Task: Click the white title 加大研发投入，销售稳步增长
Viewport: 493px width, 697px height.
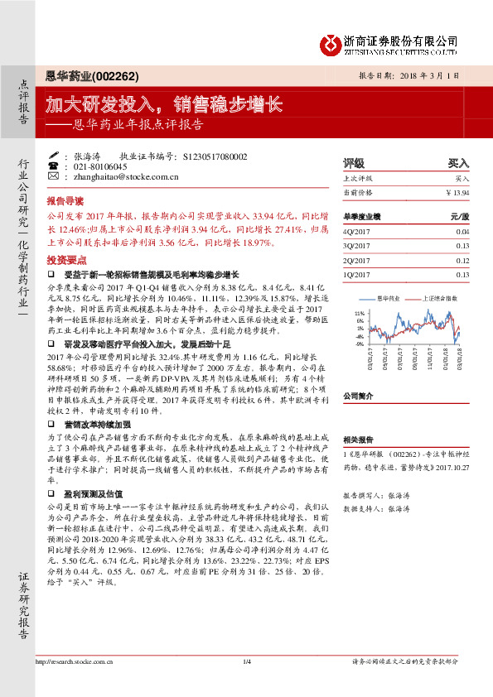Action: [163, 105]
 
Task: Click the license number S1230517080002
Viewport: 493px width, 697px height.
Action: [214, 156]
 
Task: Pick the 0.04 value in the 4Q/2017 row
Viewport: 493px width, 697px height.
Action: [462, 233]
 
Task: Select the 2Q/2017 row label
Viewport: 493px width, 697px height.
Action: [356, 260]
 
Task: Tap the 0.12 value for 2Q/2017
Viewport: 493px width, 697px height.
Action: [462, 260]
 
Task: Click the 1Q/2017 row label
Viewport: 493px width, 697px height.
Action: [356, 274]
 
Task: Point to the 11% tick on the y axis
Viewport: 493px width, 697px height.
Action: [360, 314]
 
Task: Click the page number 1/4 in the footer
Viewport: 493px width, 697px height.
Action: [246, 684]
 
